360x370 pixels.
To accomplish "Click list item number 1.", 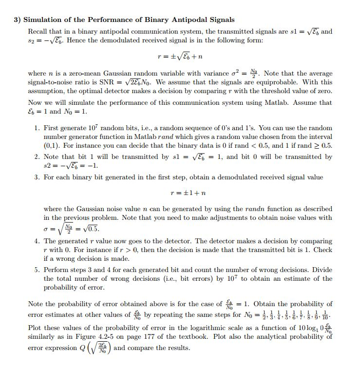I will point(37,128).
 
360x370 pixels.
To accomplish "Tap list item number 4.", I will point(37,241).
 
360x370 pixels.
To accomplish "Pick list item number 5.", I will point(37,270).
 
